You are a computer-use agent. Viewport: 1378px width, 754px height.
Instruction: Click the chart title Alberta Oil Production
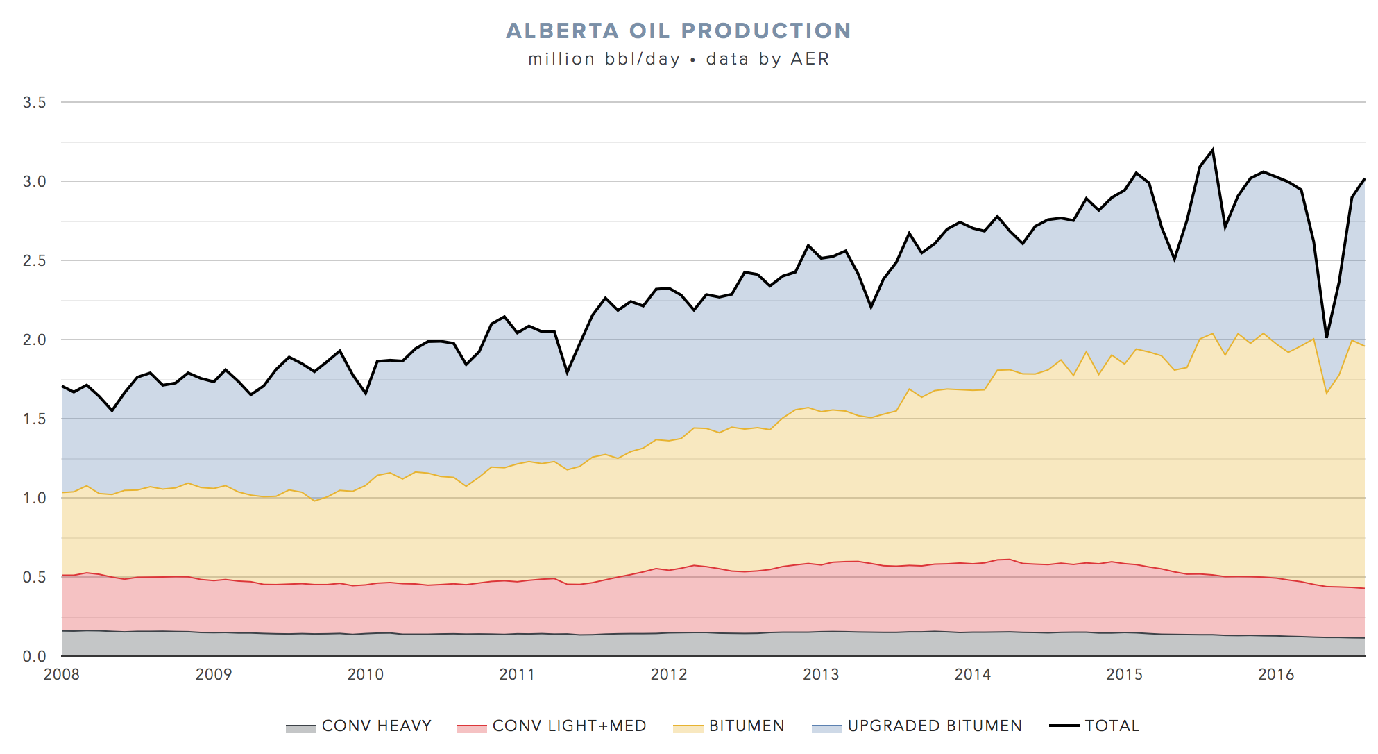click(x=678, y=31)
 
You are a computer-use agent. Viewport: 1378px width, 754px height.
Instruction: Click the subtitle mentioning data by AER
click(x=678, y=59)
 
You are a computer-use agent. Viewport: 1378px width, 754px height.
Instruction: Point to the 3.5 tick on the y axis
click(x=34, y=103)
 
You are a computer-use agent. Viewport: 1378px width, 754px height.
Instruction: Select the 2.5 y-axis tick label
click(x=34, y=261)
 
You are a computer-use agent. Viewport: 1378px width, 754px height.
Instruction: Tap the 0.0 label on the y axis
click(x=34, y=656)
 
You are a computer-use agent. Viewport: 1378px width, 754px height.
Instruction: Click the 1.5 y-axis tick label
click(x=34, y=419)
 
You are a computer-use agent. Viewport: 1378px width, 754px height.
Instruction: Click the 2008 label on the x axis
click(x=62, y=674)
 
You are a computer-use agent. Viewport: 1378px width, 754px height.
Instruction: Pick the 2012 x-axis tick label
click(x=669, y=674)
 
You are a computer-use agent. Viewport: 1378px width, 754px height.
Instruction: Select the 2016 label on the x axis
click(x=1276, y=674)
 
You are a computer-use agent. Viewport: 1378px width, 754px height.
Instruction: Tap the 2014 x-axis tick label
click(x=972, y=674)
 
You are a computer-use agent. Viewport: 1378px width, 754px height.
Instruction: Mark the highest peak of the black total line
click(x=1212, y=149)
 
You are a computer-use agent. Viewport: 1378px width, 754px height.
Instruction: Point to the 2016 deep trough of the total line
click(x=1326, y=337)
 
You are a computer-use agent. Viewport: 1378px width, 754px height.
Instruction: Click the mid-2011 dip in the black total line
click(x=567, y=373)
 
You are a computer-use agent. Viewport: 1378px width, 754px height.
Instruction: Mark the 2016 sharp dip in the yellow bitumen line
click(x=1326, y=394)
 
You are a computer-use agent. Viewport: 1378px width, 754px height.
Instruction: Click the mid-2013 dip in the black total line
click(x=871, y=308)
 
